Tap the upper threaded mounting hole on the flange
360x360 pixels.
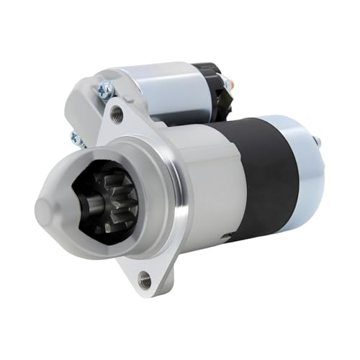click(x=117, y=112)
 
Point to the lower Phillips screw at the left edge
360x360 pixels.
click(x=74, y=137)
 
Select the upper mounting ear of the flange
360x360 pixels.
click(x=115, y=115)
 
